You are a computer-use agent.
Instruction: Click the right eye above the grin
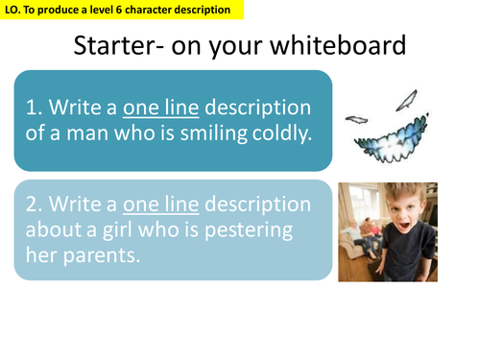(410, 98)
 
